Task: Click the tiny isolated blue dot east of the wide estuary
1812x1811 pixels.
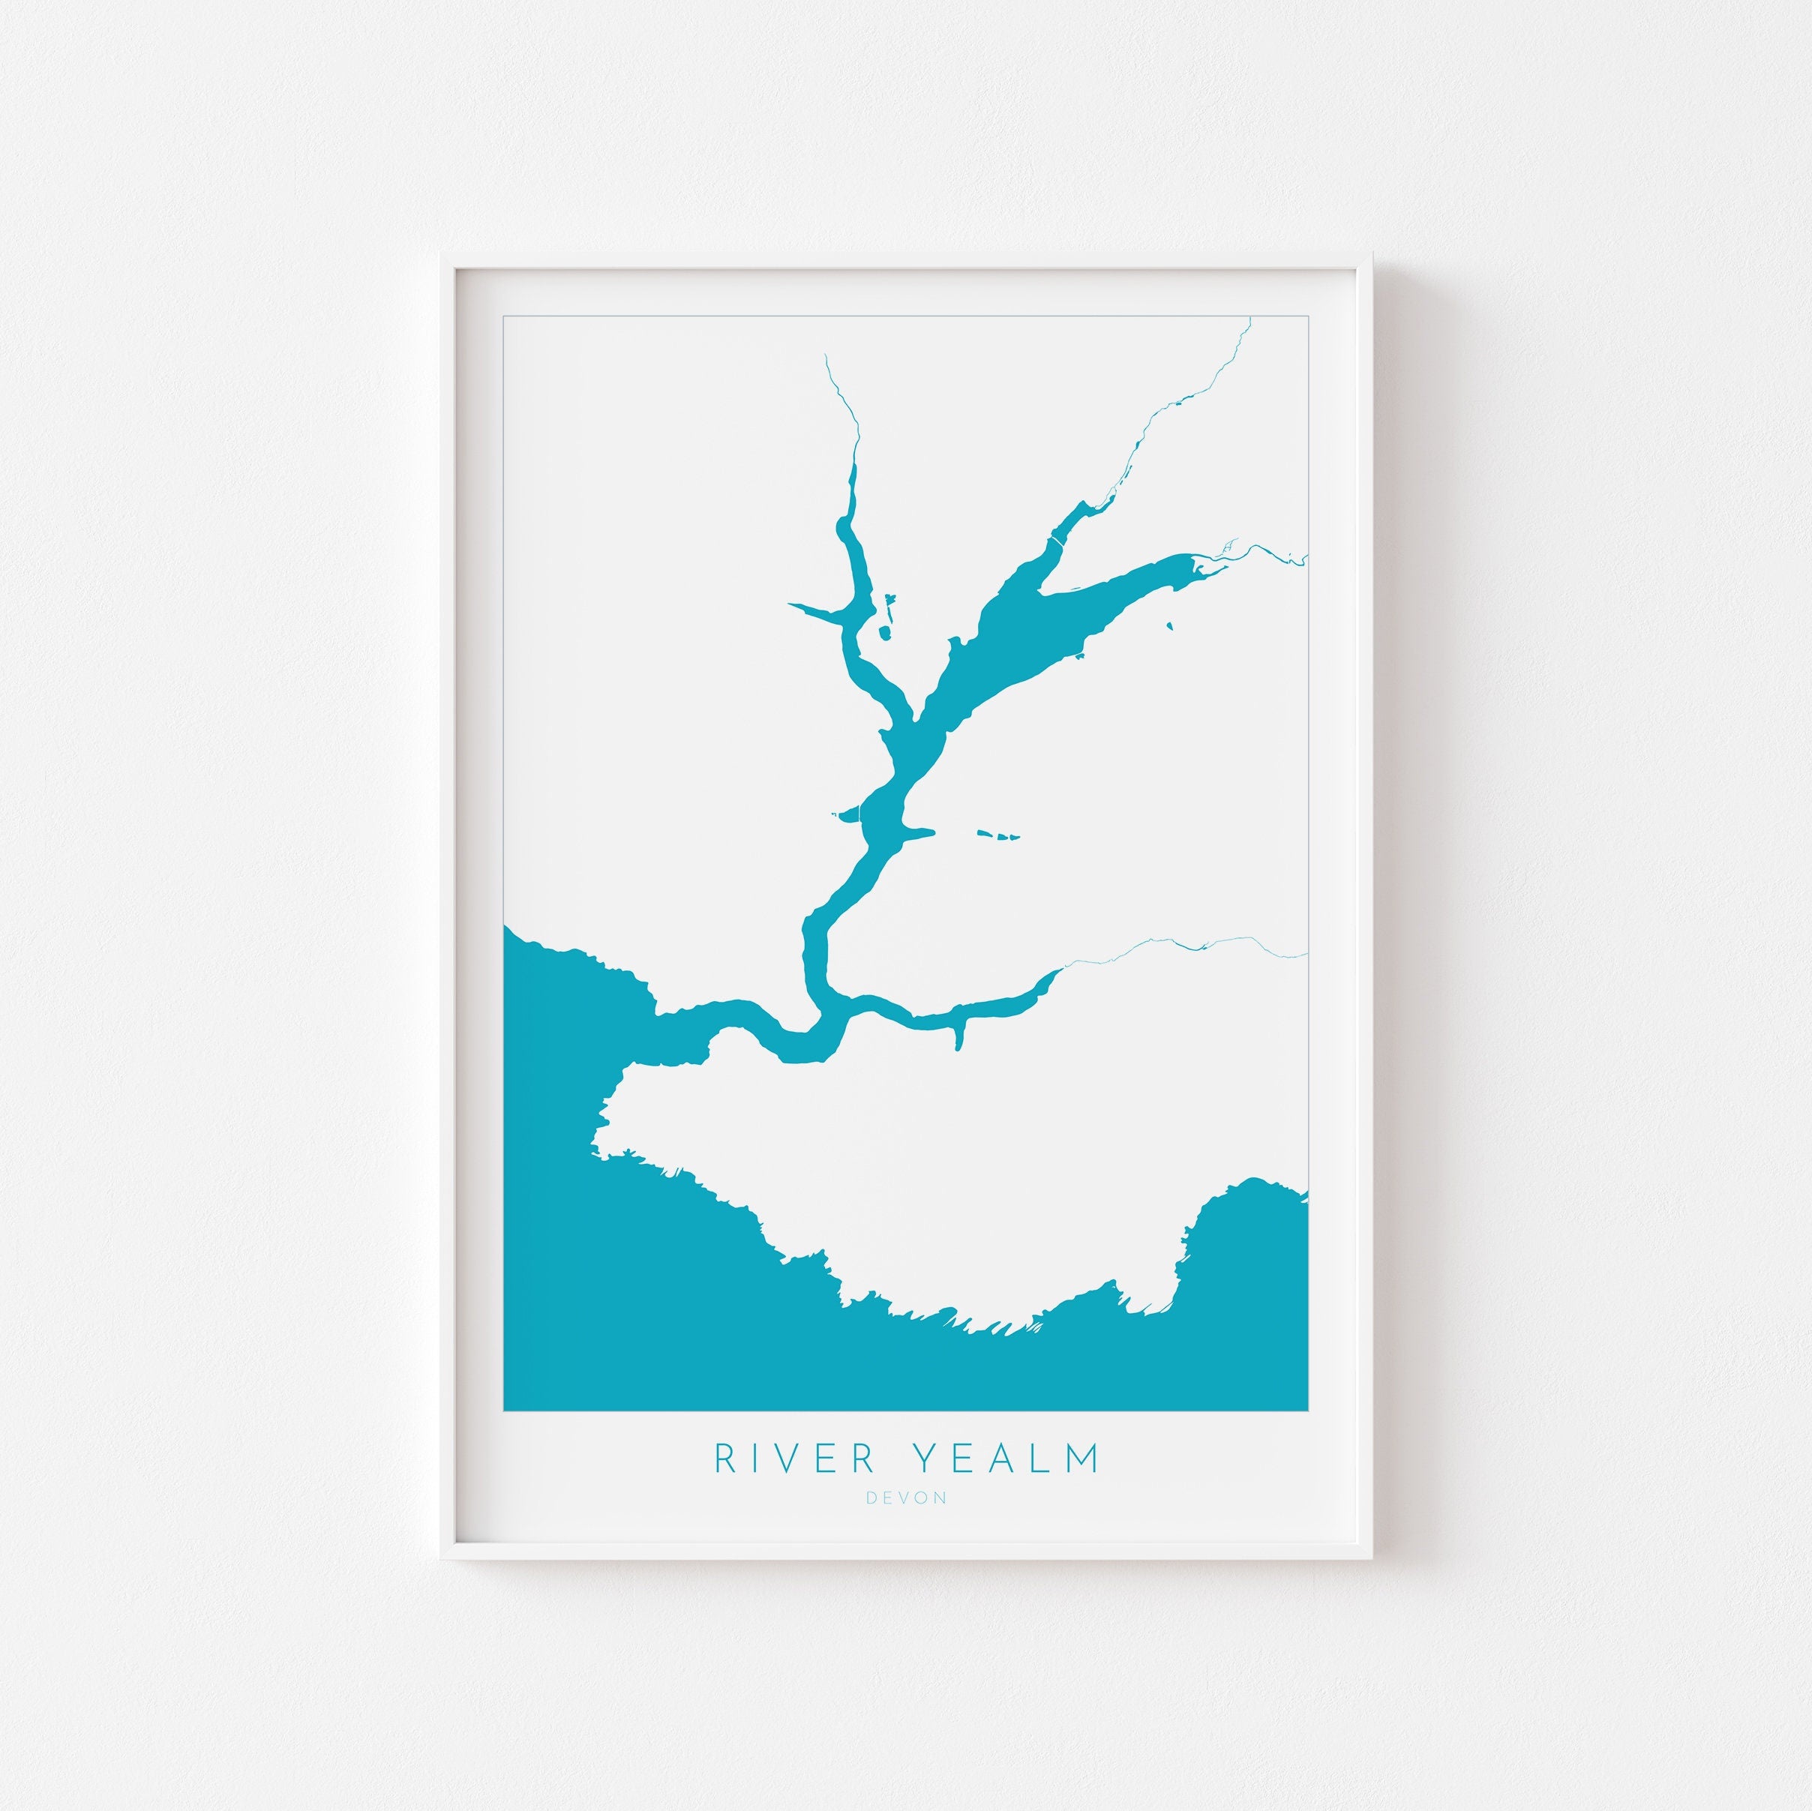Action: pos(1168,625)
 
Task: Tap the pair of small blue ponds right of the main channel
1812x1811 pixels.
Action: pos(996,834)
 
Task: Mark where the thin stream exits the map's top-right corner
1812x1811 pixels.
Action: pos(1250,319)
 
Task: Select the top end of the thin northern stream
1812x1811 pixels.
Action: pos(824,355)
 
